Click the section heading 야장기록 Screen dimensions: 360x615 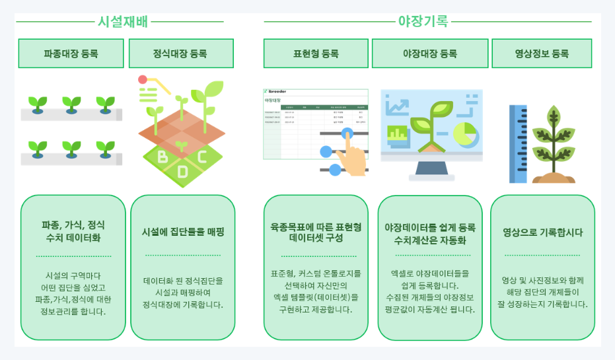tap(423, 20)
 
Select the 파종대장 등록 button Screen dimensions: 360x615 tap(71, 54)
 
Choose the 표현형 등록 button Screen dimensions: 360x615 tap(316, 54)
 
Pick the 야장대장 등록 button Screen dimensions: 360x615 tap(430, 54)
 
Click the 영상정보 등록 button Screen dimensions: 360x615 tap(541, 54)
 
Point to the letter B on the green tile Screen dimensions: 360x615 tap(163, 157)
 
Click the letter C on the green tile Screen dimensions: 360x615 tap(201, 157)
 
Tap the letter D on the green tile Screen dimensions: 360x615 tap(182, 172)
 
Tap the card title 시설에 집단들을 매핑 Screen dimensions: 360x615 tap(183, 233)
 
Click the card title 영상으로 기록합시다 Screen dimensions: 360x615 tap(542, 233)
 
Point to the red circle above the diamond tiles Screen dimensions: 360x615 tap(143, 80)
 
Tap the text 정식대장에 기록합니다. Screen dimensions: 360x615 tap(183, 305)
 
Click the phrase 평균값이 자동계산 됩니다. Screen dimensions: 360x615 tap(430, 309)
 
